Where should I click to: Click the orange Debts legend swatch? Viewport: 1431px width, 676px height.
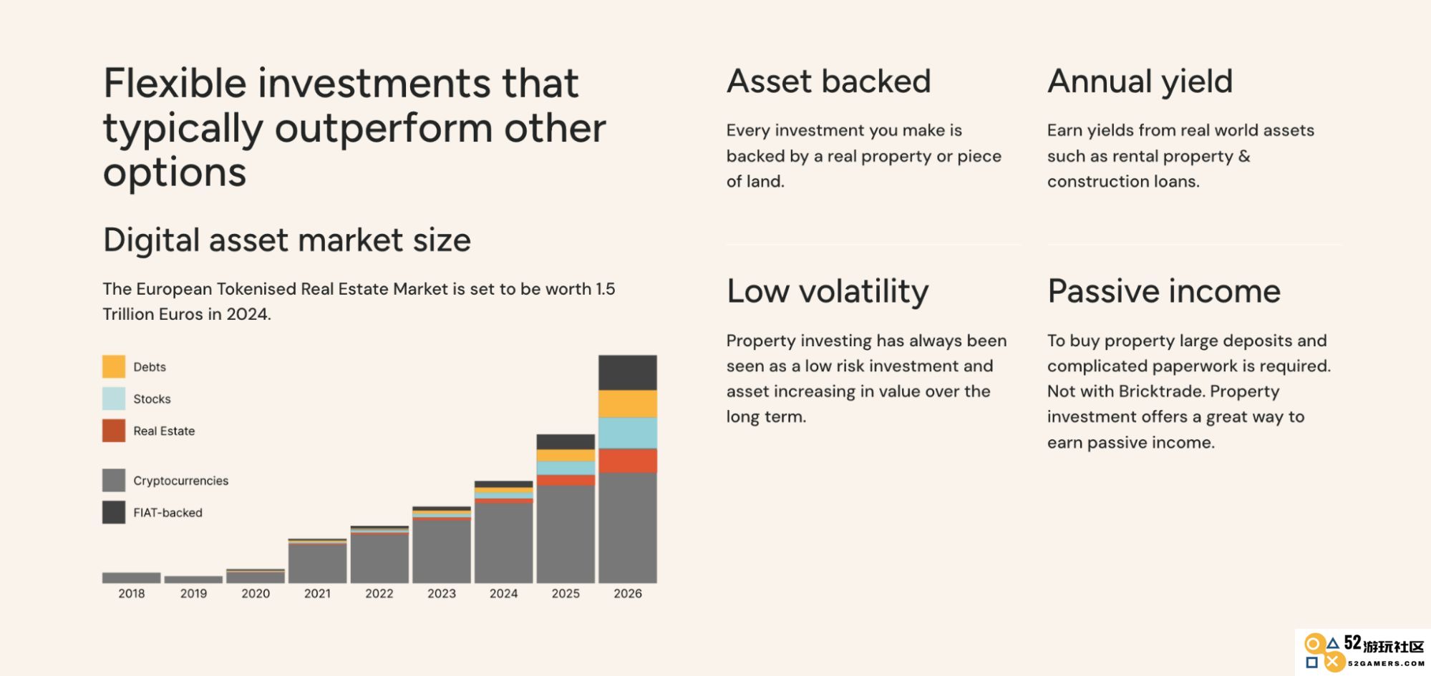tap(114, 366)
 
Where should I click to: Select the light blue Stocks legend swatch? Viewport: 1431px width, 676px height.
tap(114, 398)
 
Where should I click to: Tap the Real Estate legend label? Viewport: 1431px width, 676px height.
tap(164, 431)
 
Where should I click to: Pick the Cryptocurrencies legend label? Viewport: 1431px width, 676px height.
tap(180, 481)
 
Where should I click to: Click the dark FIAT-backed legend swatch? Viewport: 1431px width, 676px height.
tap(114, 512)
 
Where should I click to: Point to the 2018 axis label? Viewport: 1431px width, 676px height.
tap(132, 593)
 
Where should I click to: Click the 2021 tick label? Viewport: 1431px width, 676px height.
tap(317, 593)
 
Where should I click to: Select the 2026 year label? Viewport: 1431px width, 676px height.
tap(628, 593)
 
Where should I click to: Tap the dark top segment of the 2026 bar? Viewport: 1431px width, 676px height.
tap(628, 373)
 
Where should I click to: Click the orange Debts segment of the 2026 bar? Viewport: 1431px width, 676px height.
tap(628, 404)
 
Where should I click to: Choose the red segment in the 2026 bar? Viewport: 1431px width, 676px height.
tap(628, 461)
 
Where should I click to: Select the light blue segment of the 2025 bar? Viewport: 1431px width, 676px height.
tap(566, 468)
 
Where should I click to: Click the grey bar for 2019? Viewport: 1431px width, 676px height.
tap(193, 579)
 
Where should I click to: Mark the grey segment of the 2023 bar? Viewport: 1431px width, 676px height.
tap(442, 552)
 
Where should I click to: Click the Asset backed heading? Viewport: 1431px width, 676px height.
tap(829, 81)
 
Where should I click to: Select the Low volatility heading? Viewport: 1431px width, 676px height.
tap(828, 292)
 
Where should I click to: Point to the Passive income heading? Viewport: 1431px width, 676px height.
tap(1164, 291)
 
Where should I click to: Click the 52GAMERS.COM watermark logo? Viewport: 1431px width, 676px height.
tap(1363, 652)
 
